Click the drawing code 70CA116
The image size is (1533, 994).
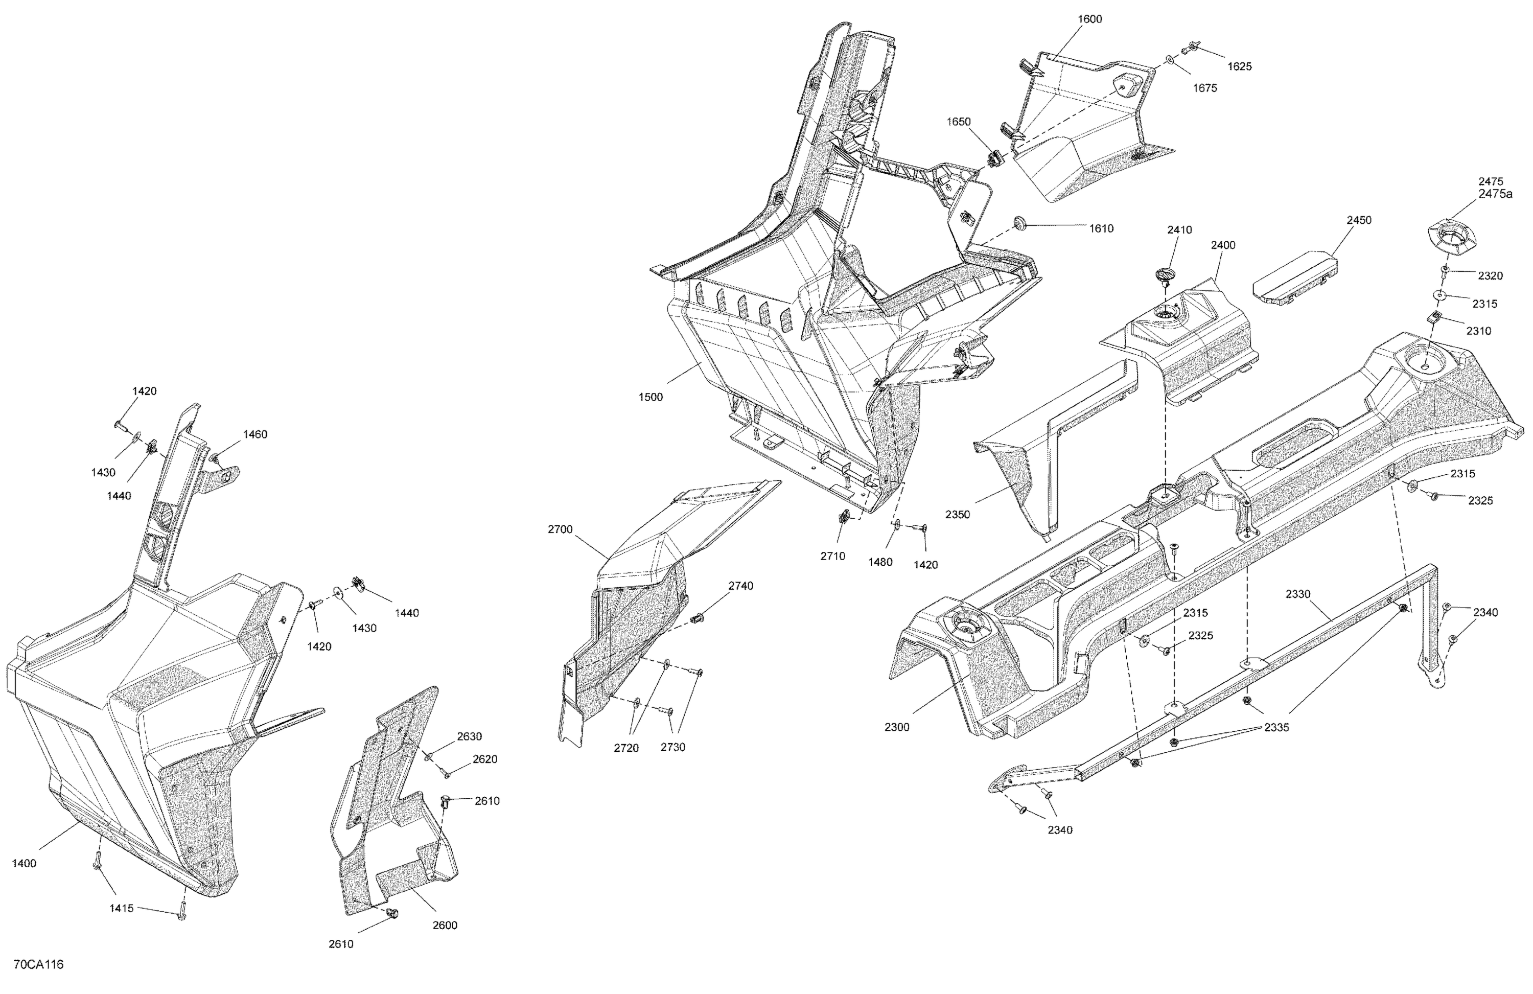click(x=38, y=964)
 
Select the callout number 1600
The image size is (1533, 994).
click(x=1089, y=19)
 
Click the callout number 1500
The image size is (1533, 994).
click(x=651, y=398)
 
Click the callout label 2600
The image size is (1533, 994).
click(x=445, y=925)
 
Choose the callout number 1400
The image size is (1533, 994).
click(x=25, y=863)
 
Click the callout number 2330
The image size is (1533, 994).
click(x=1298, y=594)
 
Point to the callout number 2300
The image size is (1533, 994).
click(x=897, y=727)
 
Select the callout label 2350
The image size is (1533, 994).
click(x=958, y=515)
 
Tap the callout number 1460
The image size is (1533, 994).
click(x=255, y=434)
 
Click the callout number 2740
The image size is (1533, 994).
click(x=741, y=586)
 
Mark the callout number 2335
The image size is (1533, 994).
click(x=1276, y=727)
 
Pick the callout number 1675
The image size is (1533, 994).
click(x=1204, y=88)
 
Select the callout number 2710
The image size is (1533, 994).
click(x=833, y=556)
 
